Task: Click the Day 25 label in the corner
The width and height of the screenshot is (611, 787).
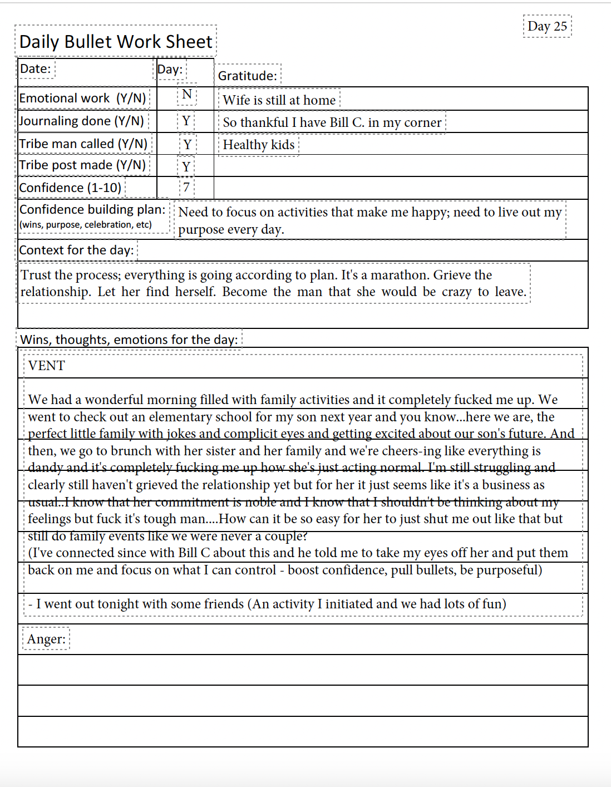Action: point(547,26)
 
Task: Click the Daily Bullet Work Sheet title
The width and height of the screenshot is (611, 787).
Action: point(116,42)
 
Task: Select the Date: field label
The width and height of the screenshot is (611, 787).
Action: point(36,69)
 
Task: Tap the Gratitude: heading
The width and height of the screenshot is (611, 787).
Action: point(248,76)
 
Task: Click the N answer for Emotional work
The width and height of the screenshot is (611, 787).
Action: point(187,95)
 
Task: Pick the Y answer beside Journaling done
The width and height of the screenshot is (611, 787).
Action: point(186,121)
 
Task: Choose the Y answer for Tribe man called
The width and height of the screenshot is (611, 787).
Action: point(188,145)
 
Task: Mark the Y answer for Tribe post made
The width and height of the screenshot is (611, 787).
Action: point(186,166)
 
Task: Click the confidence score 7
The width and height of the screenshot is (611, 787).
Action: point(186,188)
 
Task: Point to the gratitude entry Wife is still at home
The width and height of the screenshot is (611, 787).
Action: point(279,100)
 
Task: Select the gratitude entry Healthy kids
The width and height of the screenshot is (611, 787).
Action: point(259,145)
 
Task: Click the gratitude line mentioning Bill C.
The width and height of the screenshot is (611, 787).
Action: point(332,122)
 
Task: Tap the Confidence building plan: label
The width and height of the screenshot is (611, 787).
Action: point(92,210)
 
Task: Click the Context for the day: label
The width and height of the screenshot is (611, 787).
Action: point(77,250)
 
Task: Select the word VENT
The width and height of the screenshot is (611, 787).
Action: point(47,366)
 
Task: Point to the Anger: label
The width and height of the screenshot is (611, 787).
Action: point(46,639)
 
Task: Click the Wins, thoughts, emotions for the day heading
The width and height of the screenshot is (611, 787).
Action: point(129,340)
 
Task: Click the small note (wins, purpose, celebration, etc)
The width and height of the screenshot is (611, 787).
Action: point(86,225)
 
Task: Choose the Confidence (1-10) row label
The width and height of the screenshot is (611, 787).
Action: point(70,188)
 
